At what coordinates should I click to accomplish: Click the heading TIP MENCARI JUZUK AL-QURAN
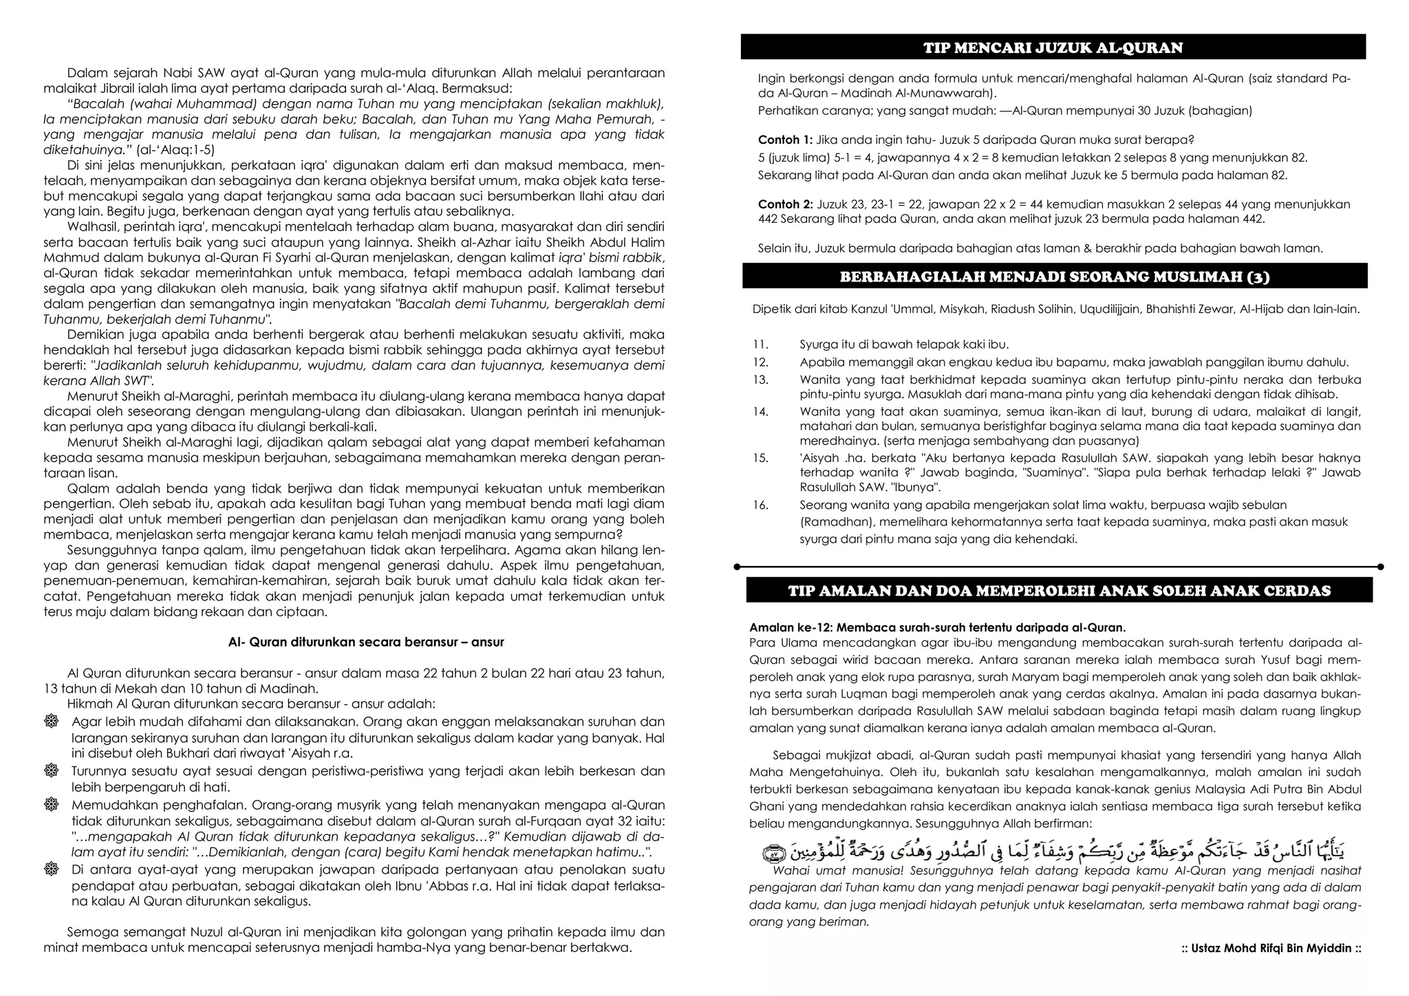click(x=1053, y=47)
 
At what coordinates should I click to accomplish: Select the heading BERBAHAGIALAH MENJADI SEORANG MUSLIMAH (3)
click(x=1055, y=277)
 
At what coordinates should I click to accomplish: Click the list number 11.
click(x=760, y=345)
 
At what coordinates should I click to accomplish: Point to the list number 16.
click(x=760, y=505)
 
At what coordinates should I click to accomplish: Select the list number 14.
click(x=760, y=412)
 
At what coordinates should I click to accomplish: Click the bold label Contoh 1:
click(x=785, y=140)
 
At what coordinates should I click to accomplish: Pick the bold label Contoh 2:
click(x=785, y=204)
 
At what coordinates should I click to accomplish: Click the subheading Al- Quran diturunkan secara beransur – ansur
click(x=366, y=642)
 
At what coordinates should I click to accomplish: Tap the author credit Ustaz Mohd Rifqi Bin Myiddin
click(x=1271, y=949)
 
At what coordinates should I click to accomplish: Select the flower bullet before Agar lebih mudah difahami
click(x=51, y=722)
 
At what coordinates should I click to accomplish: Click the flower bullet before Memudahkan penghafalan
click(x=51, y=805)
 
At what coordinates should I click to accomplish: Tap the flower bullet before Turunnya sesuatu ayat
click(x=51, y=771)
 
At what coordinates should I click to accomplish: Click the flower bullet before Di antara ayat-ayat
click(x=51, y=869)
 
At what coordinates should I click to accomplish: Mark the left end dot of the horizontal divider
click(x=738, y=567)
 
